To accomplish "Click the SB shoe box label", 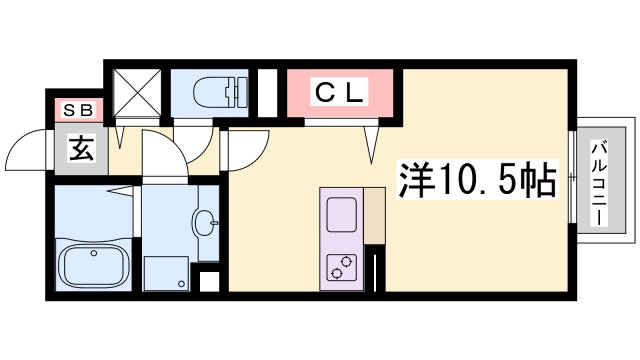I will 75,111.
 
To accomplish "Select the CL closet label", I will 343,94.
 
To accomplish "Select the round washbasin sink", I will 206,222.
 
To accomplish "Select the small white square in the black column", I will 209,280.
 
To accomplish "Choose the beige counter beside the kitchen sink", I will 374,214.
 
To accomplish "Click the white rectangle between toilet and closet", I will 267,93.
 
